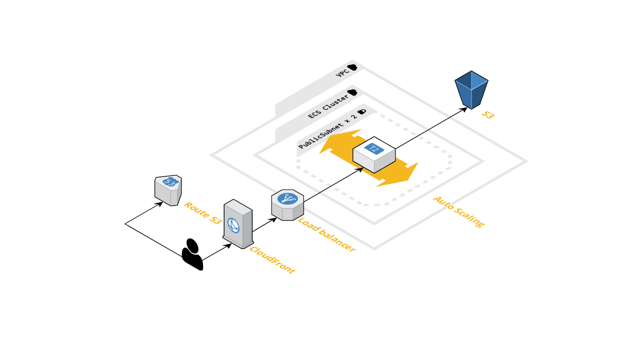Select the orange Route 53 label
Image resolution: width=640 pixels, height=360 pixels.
pos(202,212)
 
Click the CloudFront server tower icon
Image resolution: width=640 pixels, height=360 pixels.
pos(237,223)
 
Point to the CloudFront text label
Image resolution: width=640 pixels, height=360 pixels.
pos(272,260)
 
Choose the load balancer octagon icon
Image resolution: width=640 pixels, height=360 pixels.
pos(287,205)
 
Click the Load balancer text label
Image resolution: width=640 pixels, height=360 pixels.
pos(326,234)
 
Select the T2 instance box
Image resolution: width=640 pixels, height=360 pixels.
pos(374,154)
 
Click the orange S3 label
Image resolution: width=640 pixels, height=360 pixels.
pos(488,115)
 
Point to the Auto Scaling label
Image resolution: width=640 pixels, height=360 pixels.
pos(458,211)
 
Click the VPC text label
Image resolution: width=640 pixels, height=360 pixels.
pos(342,73)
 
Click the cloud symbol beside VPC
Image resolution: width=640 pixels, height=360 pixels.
pos(353,67)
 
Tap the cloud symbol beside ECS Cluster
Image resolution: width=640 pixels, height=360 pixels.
pos(352,92)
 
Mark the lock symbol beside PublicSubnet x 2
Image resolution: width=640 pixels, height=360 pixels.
pos(361,111)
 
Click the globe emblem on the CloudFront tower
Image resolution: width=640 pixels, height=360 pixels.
pos(233,225)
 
